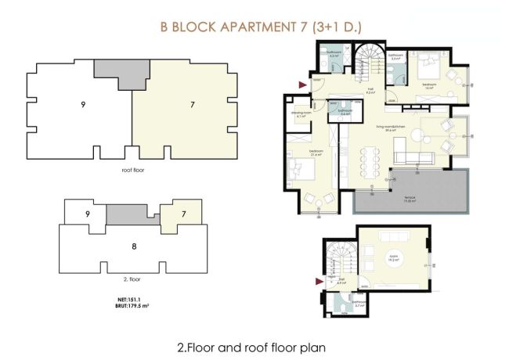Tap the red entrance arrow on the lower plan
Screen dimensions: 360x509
pos(319,280)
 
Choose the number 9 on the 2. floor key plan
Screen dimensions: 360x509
pos(78,214)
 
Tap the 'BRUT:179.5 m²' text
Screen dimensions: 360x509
pos(125,306)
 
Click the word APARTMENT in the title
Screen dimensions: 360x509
pos(247,28)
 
